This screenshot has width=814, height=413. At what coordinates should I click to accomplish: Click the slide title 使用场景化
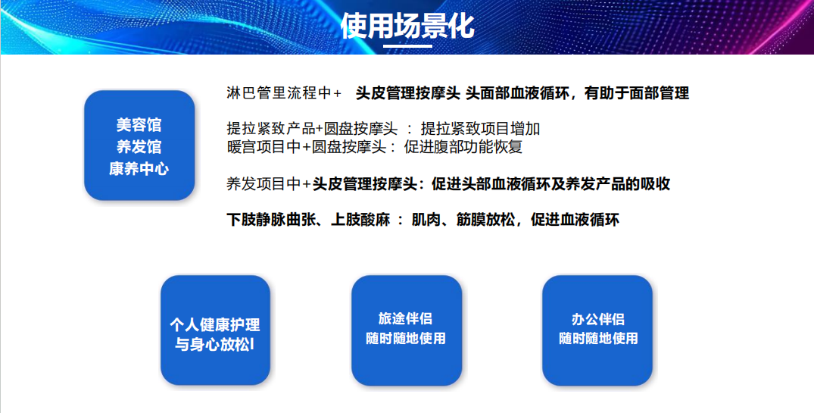click(407, 26)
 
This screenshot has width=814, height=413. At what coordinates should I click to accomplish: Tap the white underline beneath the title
click(407, 45)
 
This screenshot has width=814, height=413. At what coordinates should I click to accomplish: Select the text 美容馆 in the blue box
click(139, 125)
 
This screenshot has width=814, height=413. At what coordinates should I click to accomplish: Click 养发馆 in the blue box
click(139, 147)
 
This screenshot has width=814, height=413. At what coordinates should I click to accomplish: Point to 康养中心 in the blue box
click(139, 169)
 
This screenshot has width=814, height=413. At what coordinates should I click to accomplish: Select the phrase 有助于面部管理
click(637, 93)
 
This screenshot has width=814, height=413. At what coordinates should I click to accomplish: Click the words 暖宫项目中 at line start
click(264, 147)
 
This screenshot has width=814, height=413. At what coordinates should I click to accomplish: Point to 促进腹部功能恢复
click(463, 147)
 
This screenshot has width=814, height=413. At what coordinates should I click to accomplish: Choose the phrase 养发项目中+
click(269, 184)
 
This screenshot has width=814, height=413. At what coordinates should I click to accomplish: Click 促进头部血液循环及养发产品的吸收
click(550, 184)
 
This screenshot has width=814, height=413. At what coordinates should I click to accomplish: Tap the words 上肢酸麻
click(360, 220)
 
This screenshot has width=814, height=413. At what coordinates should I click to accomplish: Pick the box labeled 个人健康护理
click(215, 330)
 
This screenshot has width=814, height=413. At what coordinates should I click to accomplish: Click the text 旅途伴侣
click(405, 318)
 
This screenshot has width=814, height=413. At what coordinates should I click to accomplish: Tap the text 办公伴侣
click(597, 318)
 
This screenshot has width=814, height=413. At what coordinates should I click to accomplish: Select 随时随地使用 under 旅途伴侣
click(405, 339)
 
